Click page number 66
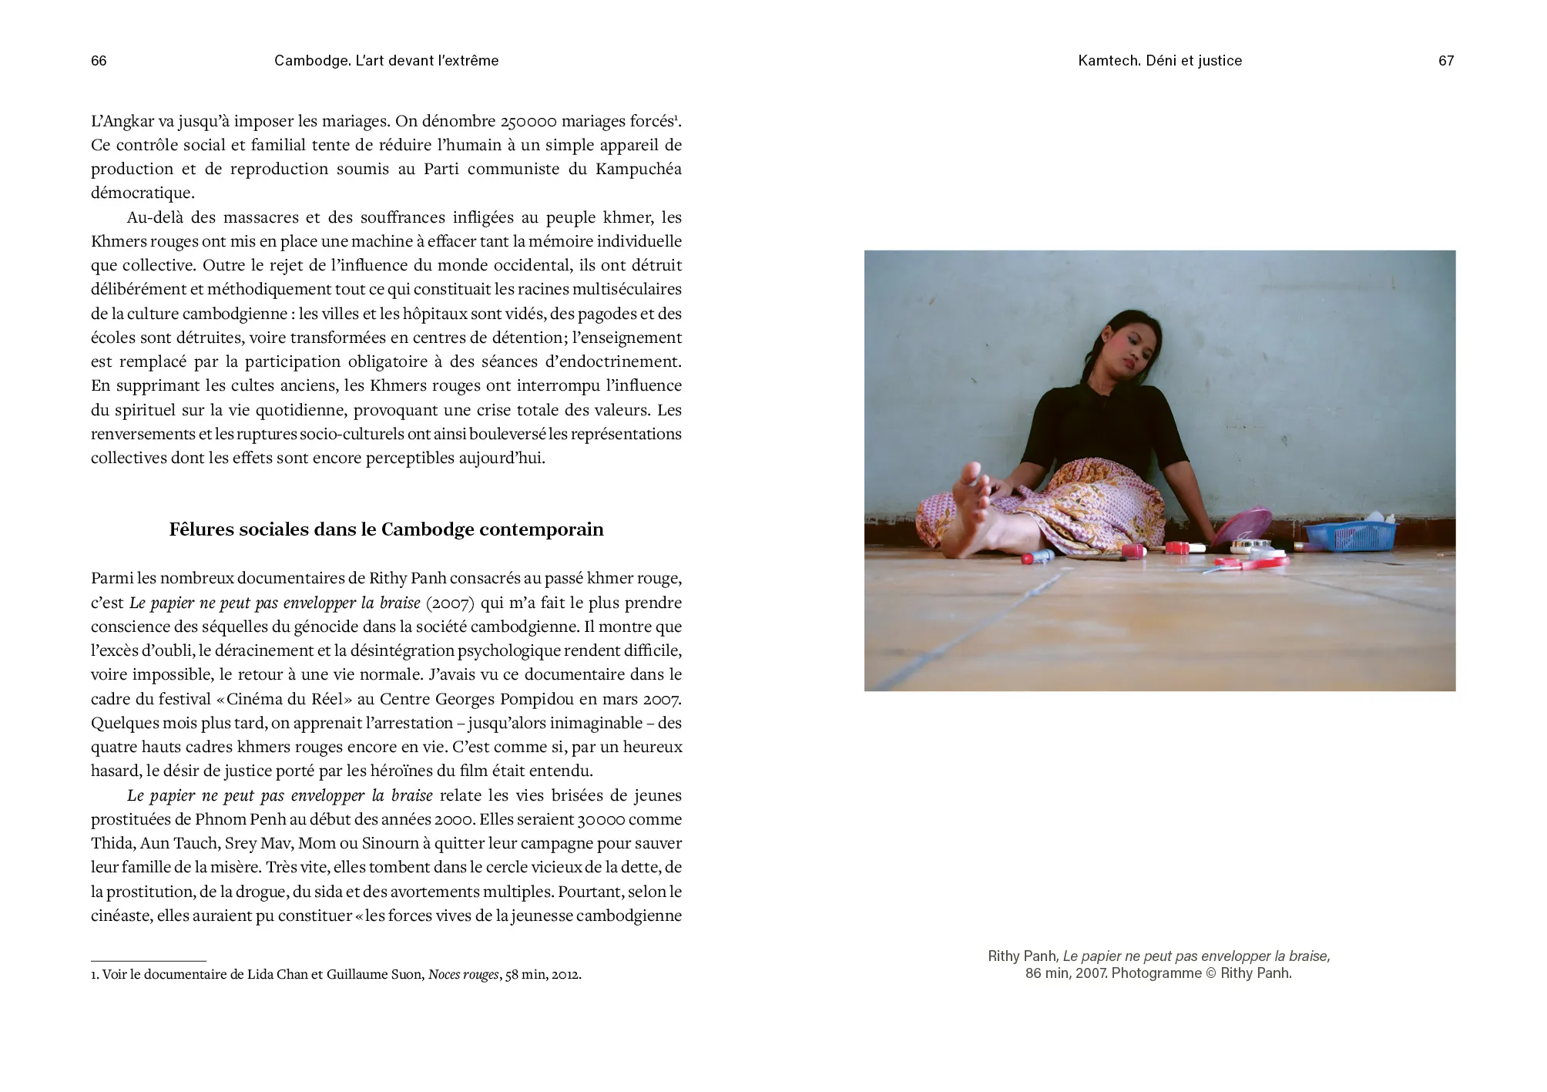99,61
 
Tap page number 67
1445,61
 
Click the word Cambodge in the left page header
310,61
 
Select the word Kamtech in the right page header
1109,61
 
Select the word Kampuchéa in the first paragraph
638,169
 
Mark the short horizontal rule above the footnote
149,961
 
